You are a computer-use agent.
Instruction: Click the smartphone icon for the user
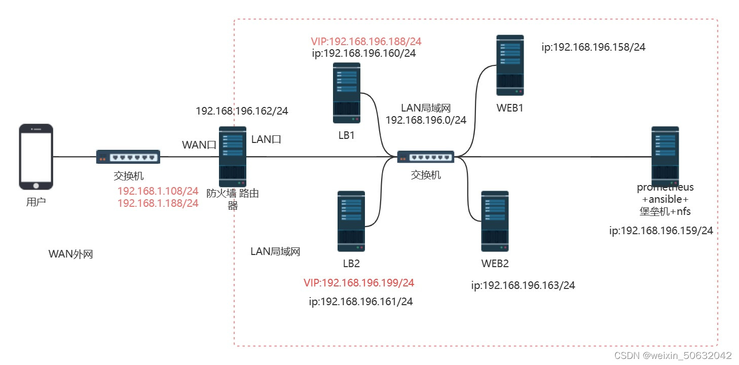click(x=36, y=156)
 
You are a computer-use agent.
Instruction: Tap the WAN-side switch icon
click(x=128, y=157)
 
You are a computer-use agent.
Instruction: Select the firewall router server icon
click(x=233, y=156)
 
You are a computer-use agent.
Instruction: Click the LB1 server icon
click(x=347, y=93)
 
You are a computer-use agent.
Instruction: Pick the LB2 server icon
click(x=351, y=221)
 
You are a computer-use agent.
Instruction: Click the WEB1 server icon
click(x=510, y=65)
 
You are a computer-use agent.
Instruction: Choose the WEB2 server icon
click(x=495, y=221)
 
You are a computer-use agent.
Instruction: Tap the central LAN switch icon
click(x=425, y=157)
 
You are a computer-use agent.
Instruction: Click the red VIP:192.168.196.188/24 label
click(x=363, y=41)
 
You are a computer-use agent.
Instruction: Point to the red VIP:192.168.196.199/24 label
click(x=359, y=282)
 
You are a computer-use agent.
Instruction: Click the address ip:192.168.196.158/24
click(x=594, y=48)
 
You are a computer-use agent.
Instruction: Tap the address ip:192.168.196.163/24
click(x=523, y=285)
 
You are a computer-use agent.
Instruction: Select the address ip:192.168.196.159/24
click(x=661, y=231)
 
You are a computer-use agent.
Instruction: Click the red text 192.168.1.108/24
click(x=158, y=191)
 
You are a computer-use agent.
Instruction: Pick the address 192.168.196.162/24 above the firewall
click(x=242, y=111)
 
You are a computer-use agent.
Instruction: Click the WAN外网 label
click(x=70, y=254)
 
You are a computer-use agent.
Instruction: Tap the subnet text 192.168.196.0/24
click(x=426, y=120)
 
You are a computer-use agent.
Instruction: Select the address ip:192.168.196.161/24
click(x=361, y=302)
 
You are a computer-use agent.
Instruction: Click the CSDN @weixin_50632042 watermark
click(x=673, y=356)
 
